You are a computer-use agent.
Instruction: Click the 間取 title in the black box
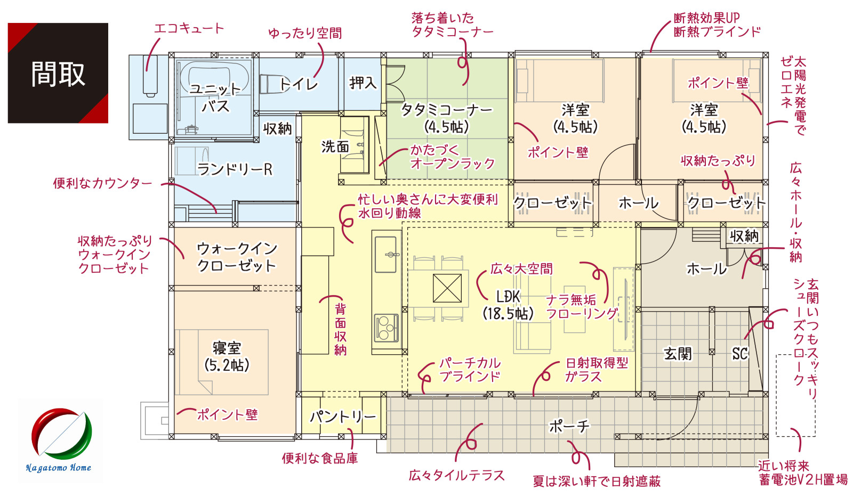(x=58, y=74)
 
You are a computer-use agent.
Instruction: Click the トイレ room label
(x=299, y=84)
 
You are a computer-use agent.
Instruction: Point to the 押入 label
(x=363, y=83)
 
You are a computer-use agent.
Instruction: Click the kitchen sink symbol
(x=386, y=254)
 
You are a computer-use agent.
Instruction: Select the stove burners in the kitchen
(x=386, y=328)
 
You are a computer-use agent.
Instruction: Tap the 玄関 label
(x=678, y=354)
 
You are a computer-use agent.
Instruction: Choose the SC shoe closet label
(x=739, y=354)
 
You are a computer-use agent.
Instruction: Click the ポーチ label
(x=569, y=426)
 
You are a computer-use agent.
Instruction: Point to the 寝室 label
(x=227, y=348)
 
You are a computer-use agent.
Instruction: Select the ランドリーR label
(x=235, y=169)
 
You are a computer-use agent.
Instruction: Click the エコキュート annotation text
(x=189, y=29)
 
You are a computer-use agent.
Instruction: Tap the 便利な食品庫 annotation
(x=320, y=458)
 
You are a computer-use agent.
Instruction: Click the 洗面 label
(x=335, y=146)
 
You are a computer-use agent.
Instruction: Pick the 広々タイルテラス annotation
(x=456, y=475)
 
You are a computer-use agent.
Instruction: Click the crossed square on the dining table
(x=447, y=288)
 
